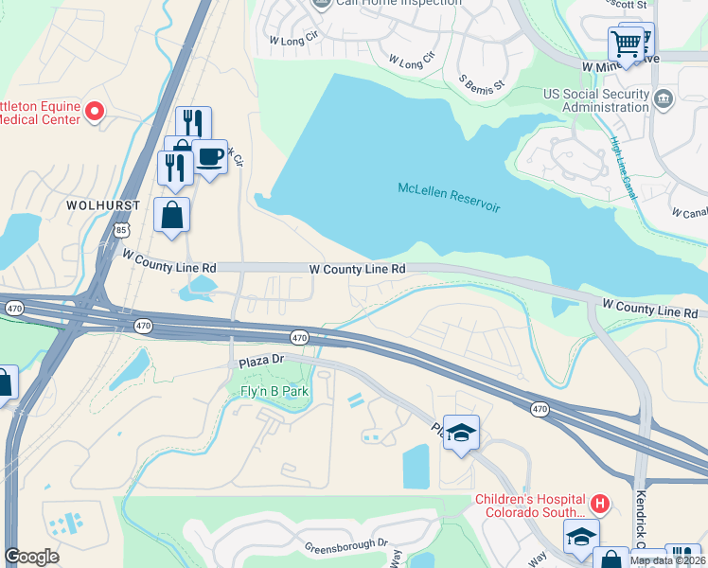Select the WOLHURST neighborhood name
pyautogui.click(x=104, y=205)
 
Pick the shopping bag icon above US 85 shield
pyautogui.click(x=171, y=214)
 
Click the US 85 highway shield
pyautogui.click(x=121, y=230)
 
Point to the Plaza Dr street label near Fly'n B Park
pyautogui.click(x=261, y=362)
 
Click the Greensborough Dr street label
pyautogui.click(x=346, y=546)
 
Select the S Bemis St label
pyautogui.click(x=482, y=83)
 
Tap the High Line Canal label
pyautogui.click(x=623, y=169)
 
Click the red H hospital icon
pyautogui.click(x=598, y=503)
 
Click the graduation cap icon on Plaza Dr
pyautogui.click(x=461, y=433)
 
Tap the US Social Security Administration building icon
pyautogui.click(x=664, y=97)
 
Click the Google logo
pyautogui.click(x=32, y=557)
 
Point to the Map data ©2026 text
pyautogui.click(x=668, y=560)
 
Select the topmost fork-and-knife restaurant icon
pyautogui.click(x=192, y=122)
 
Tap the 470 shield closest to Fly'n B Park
pyautogui.click(x=299, y=338)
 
